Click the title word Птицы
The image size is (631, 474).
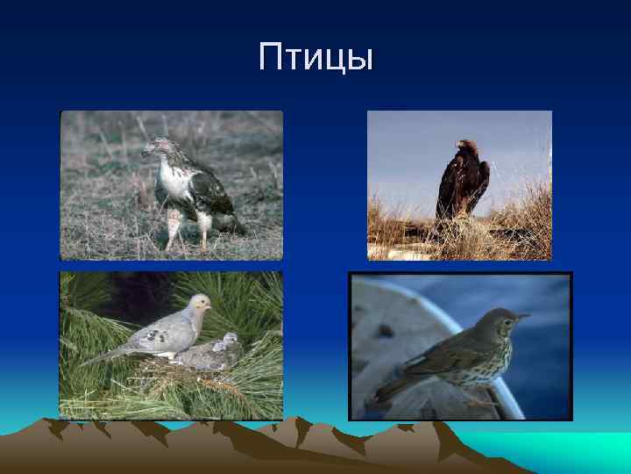point(315,58)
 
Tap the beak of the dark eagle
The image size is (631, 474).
point(455,146)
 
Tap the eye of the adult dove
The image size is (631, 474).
point(202,302)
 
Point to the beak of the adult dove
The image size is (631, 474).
point(210,306)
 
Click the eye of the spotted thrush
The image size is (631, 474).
point(507,316)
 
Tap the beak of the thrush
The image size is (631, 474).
point(524,316)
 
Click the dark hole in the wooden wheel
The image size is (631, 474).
point(383,331)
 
